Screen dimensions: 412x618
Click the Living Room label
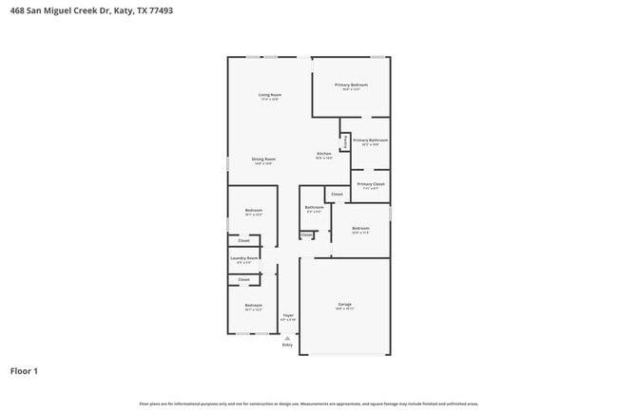[269, 95]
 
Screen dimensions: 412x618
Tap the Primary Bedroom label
[351, 85]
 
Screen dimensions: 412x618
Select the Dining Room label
[263, 159]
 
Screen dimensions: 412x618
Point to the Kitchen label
[324, 154]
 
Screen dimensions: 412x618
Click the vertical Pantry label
[345, 142]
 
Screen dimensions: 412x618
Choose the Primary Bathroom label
[371, 140]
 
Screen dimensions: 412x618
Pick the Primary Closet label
[371, 184]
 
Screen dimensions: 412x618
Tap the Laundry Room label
[245, 257]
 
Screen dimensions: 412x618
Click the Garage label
[344, 305]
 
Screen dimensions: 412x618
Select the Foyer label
[288, 315]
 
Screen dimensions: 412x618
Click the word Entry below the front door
[288, 345]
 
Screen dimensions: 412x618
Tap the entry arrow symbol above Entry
[288, 337]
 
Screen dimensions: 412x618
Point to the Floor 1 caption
[24, 370]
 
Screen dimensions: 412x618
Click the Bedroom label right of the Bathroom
[360, 228]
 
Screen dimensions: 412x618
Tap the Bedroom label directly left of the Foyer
[253, 305]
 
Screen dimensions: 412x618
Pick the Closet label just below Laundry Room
[244, 279]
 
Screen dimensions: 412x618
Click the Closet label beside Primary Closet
[337, 194]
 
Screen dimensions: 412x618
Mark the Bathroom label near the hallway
[314, 207]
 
